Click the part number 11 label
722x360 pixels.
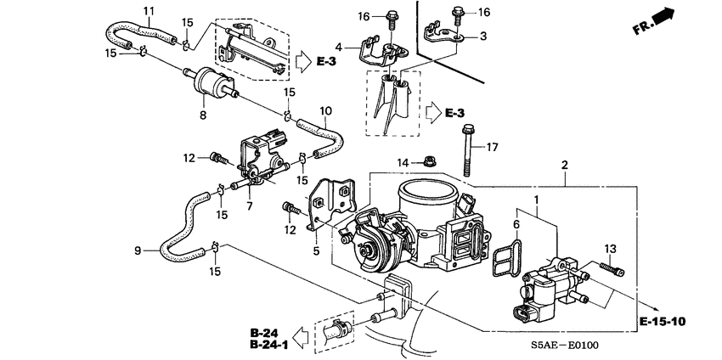click(x=149, y=11)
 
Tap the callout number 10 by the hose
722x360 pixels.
click(x=324, y=110)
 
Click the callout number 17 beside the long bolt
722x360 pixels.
click(x=491, y=147)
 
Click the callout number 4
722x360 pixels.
click(x=338, y=47)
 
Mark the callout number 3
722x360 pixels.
click(x=483, y=37)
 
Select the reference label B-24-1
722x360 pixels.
click(x=268, y=346)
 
